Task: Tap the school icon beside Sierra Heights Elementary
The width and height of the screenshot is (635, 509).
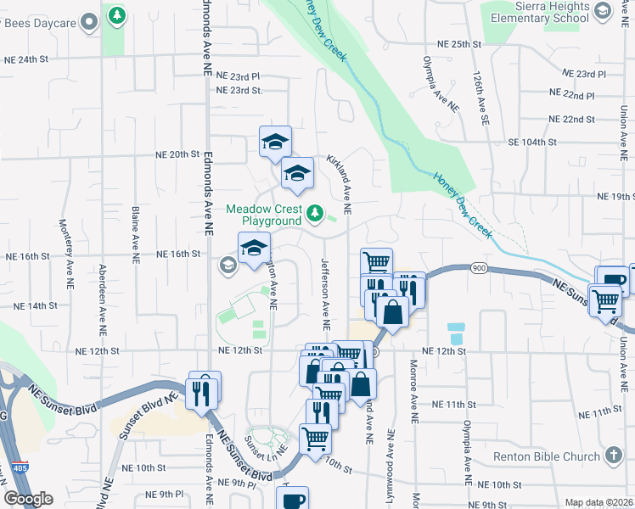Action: point(603,10)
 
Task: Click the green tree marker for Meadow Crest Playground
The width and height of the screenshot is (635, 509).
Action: point(315,212)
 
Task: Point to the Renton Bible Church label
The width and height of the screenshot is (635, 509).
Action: point(547,457)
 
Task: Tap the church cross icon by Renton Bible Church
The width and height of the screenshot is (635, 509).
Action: point(615,456)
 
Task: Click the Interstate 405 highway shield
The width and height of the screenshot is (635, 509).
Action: point(19,468)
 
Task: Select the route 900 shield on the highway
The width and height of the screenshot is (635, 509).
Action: point(478,269)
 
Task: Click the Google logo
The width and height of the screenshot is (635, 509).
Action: point(28,499)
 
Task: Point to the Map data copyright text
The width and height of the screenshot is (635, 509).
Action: point(599,502)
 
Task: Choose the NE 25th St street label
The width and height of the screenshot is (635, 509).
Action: point(458,43)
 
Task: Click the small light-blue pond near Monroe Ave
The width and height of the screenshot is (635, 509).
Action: point(456,327)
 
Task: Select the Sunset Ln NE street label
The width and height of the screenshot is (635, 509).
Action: point(257,445)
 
